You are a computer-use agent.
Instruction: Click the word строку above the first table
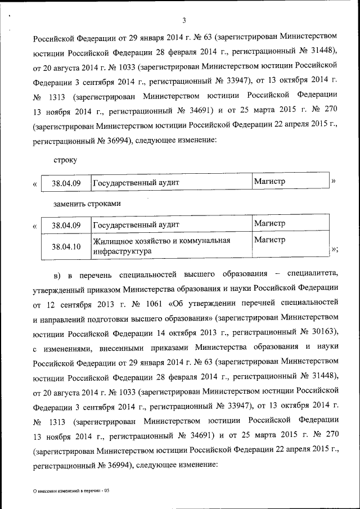[65, 160]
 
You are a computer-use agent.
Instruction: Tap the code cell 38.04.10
[66, 246]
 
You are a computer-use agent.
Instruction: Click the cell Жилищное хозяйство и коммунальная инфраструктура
[162, 246]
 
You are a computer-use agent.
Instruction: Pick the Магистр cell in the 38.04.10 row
[270, 240]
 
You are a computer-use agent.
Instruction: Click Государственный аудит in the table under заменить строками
[136, 225]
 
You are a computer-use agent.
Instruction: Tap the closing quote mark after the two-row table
[335, 249]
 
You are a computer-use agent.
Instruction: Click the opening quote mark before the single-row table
[36, 184]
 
